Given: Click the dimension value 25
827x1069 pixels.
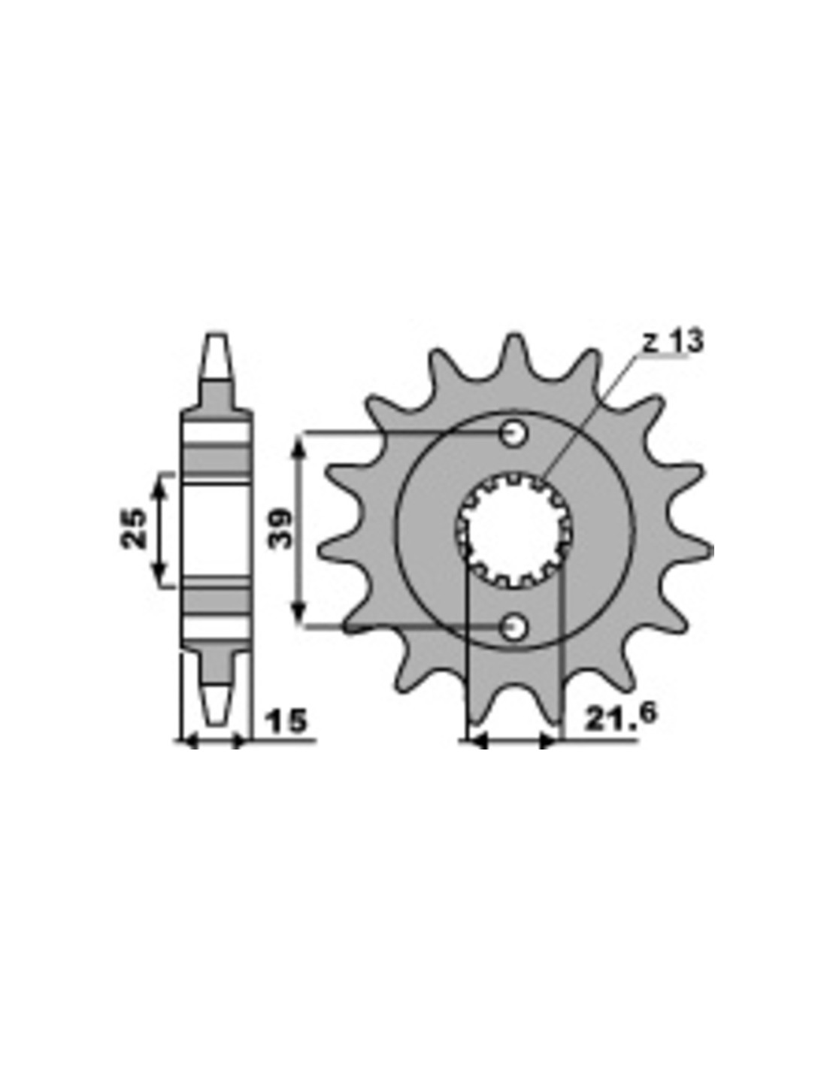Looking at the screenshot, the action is [134, 528].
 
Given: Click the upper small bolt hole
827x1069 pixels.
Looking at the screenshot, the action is [514, 434].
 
